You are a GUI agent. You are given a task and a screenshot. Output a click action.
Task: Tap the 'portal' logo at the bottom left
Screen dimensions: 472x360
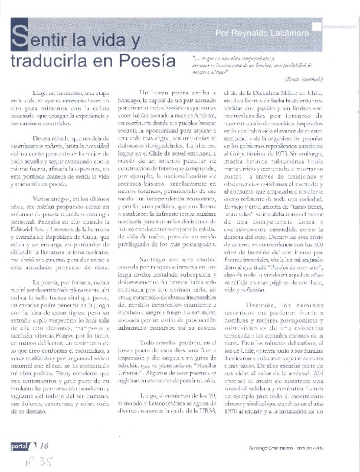[x=24, y=447]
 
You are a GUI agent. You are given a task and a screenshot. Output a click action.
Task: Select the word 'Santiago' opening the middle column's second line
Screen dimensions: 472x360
[x=152, y=101]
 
